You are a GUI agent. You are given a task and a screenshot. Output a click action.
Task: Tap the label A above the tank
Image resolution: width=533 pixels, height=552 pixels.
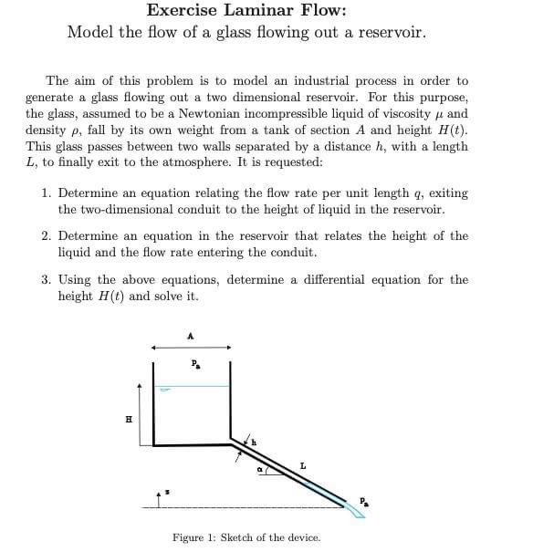190,336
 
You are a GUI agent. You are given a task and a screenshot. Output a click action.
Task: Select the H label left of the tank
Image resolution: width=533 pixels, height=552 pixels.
128,420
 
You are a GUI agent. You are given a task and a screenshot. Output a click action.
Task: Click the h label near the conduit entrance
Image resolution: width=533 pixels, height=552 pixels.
254,443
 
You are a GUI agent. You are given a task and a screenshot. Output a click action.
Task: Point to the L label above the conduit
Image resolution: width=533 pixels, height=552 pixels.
302,466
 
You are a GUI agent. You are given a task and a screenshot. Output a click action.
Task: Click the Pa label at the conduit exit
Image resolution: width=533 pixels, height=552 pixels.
363,500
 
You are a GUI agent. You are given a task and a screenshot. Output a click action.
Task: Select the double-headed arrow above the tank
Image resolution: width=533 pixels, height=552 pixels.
190,347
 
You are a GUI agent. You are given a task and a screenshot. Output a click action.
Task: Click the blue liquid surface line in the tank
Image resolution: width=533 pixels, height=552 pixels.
192,386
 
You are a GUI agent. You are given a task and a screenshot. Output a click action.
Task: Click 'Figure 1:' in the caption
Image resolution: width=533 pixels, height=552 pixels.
194,537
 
